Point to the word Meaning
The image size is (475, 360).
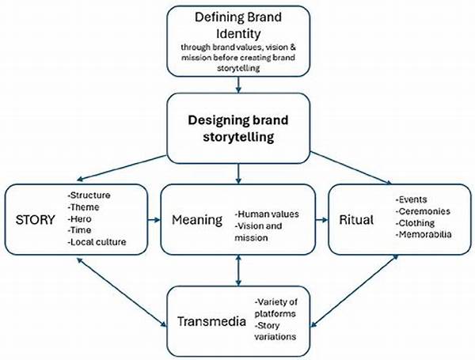pos(197,219)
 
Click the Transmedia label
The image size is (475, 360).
pos(209,322)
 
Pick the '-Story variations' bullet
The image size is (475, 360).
pos(274,333)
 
